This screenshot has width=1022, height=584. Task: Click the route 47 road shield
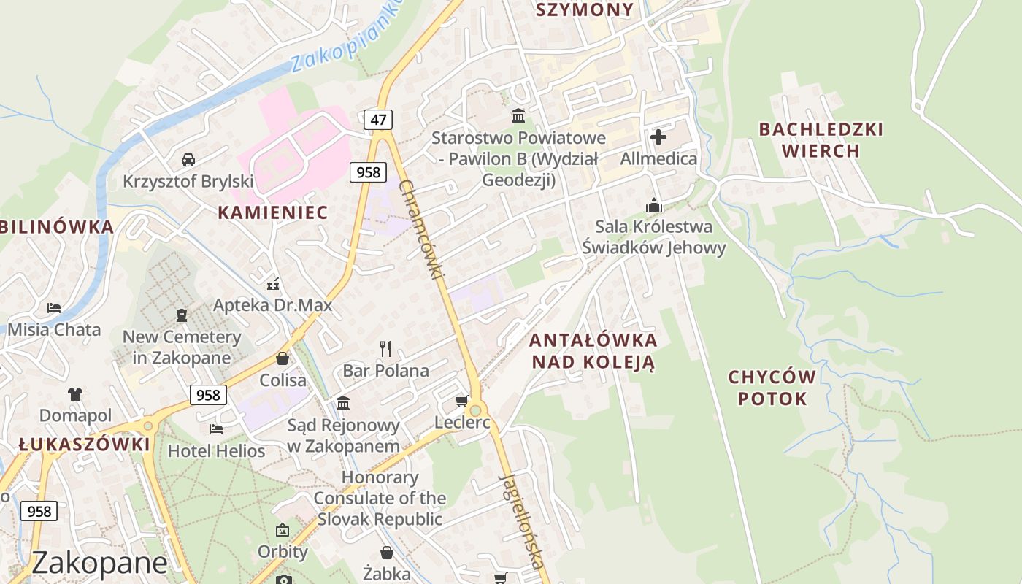point(378,120)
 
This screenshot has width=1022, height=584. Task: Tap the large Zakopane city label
point(100,563)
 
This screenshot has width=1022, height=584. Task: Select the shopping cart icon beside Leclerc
point(461,401)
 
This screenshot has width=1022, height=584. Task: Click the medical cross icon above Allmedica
point(658,137)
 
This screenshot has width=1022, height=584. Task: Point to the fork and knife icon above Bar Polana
point(385,348)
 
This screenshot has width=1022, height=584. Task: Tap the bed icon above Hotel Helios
point(216,429)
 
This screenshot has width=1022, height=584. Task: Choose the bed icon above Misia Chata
point(54,307)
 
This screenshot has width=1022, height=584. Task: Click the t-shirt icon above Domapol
point(75,394)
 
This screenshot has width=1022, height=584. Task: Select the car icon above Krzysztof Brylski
point(188,159)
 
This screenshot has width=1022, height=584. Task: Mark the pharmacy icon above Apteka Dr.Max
point(273,283)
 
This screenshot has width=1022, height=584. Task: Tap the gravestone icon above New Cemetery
point(182,315)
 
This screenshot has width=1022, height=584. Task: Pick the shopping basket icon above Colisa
point(283,358)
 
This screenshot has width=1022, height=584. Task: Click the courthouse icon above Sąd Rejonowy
point(343,403)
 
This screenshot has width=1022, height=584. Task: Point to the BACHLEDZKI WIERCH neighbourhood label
point(821,139)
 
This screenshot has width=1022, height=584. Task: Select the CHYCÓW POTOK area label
point(772,388)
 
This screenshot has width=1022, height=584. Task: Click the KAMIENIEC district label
point(273,212)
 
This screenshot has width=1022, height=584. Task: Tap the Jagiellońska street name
point(523,520)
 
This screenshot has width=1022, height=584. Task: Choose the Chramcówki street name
point(423,228)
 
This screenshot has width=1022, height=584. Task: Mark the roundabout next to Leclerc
point(476,410)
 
